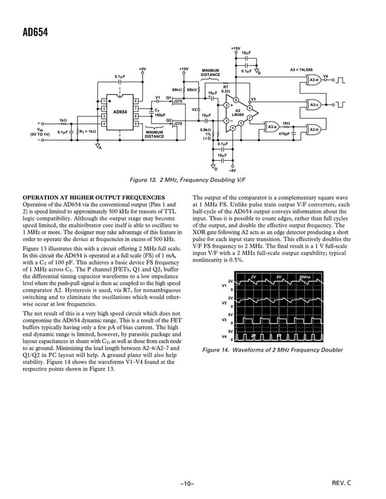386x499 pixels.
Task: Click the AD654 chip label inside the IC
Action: (120, 112)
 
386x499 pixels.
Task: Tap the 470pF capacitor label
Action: (284, 134)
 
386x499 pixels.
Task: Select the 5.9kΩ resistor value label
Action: (206, 129)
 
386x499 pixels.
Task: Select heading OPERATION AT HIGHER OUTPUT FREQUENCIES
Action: (93, 198)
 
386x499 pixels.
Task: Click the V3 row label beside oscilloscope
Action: (224, 318)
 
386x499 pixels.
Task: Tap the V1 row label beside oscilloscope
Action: (224, 285)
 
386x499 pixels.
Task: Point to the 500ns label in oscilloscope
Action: (305, 277)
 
